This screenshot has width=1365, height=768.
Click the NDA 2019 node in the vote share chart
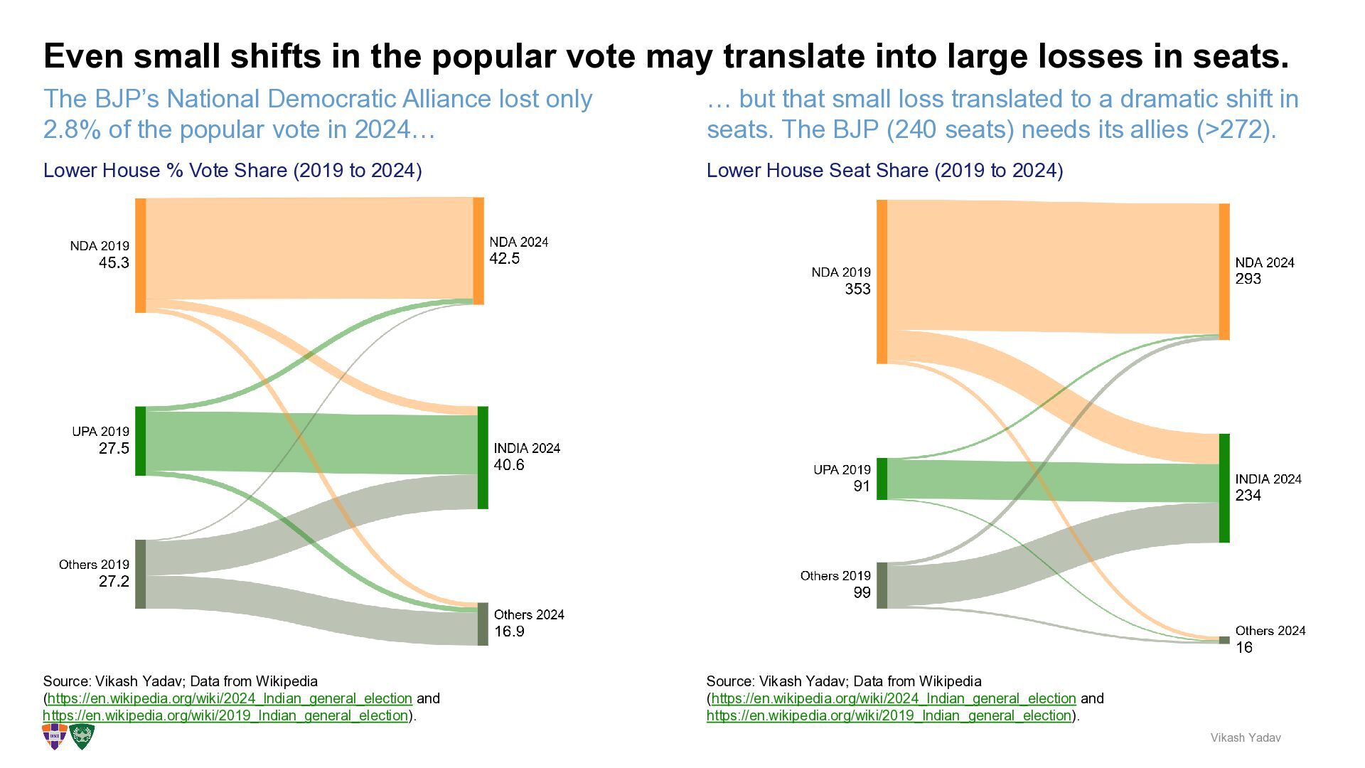point(141,256)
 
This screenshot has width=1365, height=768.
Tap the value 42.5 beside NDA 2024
point(505,259)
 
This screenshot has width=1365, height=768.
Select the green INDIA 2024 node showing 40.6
point(483,458)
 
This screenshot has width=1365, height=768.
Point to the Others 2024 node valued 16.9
point(483,624)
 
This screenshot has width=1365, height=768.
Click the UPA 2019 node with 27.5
point(141,441)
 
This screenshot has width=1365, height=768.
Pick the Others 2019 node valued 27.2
point(141,575)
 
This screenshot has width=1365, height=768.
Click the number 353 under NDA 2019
point(857,289)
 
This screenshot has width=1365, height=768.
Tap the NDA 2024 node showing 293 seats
point(1224,272)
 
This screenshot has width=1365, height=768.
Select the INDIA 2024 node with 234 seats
point(1224,489)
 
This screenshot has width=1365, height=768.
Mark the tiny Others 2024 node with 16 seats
point(1224,640)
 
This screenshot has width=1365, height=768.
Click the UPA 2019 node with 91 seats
point(882,479)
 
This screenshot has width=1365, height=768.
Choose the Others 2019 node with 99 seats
point(882,586)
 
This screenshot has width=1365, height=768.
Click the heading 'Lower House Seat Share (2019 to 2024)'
point(885,171)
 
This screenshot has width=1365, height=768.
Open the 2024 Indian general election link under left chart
point(230,698)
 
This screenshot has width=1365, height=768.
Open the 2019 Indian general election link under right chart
point(889,715)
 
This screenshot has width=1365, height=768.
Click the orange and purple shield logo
point(55,737)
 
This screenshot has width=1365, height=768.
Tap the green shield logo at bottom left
point(82,737)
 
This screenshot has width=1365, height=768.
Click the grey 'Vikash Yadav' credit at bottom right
point(1246,738)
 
